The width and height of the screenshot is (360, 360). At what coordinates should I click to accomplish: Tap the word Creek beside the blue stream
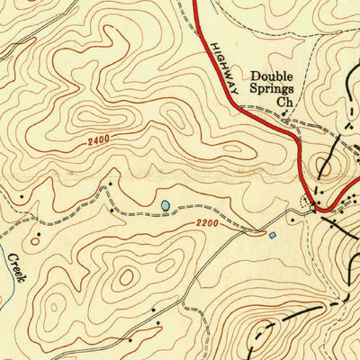point(15,267)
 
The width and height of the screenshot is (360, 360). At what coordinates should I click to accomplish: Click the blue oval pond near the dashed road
point(165,206)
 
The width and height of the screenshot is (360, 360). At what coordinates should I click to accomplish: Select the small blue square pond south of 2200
point(273,235)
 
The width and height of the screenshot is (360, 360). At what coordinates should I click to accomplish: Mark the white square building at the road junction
point(313,209)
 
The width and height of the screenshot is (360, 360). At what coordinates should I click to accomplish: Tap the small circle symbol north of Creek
point(35,240)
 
